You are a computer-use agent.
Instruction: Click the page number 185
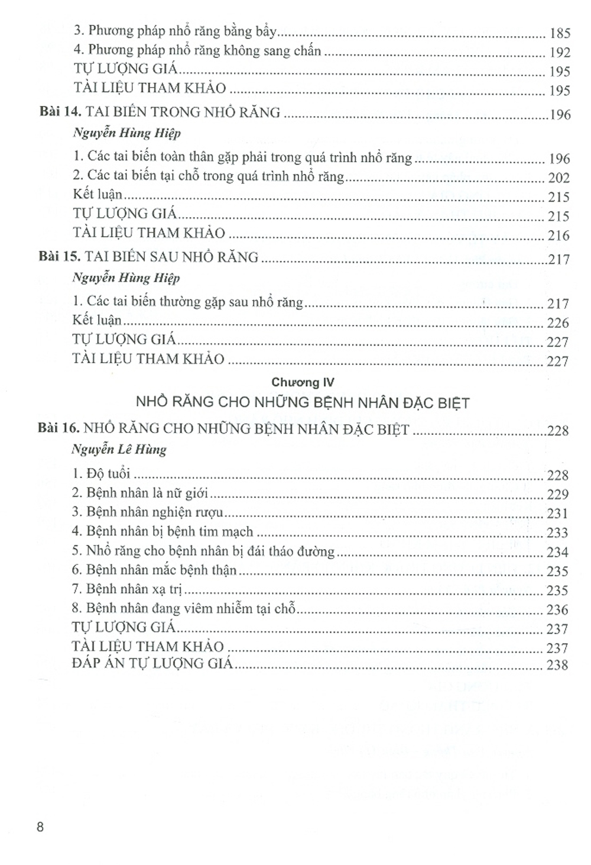point(560,33)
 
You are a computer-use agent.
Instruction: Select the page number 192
point(560,53)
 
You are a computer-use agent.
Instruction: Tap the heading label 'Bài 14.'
point(60,112)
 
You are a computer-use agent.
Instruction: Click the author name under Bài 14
point(126,133)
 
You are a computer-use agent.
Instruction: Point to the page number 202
point(558,178)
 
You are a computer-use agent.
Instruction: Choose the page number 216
point(558,235)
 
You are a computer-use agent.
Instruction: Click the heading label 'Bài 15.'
point(59,257)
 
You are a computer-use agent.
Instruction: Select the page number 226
point(558,323)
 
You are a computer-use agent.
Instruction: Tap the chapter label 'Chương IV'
point(303,383)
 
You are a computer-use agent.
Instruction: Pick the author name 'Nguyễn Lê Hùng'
point(119,450)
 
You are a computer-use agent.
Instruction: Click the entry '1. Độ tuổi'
point(101,474)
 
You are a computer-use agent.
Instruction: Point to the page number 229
point(557,495)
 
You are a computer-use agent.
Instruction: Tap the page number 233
point(557,533)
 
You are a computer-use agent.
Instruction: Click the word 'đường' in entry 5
point(318,551)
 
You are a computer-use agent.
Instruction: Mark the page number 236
point(557,610)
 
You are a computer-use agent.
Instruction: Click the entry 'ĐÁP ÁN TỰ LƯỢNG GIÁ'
point(152,664)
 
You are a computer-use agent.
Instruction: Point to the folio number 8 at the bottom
point(40,827)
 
